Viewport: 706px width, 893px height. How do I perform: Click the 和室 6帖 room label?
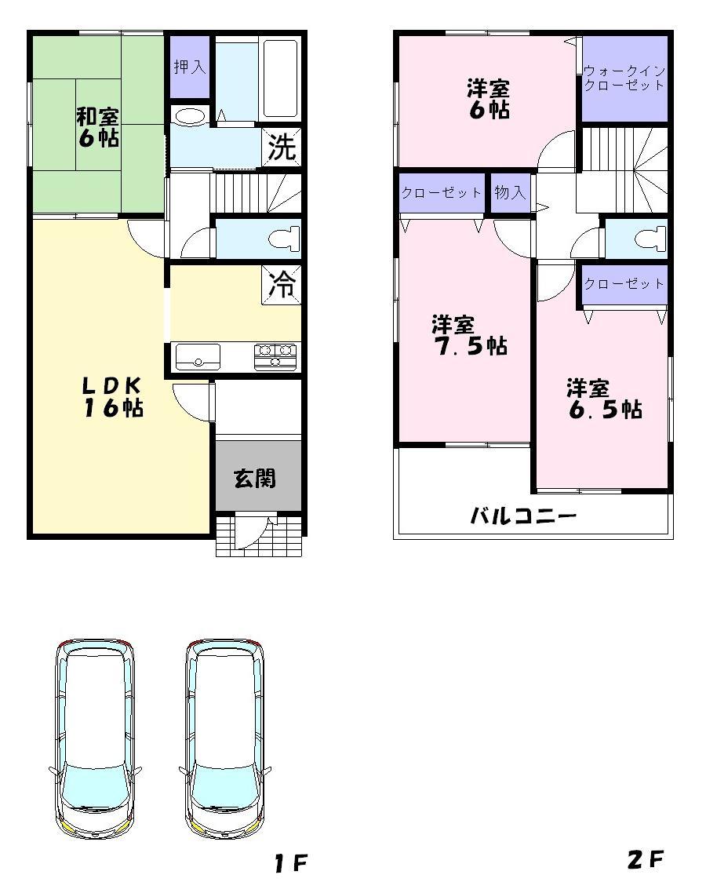click(97, 128)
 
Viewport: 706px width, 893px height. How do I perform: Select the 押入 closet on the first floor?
click(189, 67)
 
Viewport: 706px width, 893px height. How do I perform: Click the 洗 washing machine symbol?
click(282, 148)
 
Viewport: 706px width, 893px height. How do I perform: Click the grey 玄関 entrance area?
click(256, 478)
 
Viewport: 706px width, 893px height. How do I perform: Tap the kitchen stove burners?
click(275, 356)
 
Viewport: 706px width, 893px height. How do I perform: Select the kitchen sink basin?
click(197, 358)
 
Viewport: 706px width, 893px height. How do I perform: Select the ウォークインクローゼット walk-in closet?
click(624, 78)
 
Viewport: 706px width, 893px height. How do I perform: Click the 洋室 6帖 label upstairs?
click(489, 98)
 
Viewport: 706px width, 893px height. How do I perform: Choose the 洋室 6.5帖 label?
click(604, 399)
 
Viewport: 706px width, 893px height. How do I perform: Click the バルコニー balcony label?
click(523, 516)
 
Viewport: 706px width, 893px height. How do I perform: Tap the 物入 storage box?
click(510, 192)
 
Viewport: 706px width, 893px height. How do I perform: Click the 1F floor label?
click(290, 864)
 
